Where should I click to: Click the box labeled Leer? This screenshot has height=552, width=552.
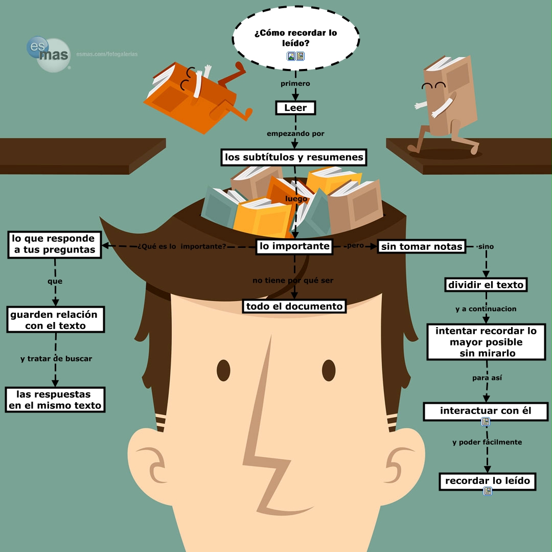click(295, 108)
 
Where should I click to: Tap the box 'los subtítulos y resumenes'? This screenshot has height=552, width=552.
click(294, 157)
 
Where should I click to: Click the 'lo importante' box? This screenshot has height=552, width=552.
click(294, 246)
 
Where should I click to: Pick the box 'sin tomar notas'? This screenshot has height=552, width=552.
click(422, 247)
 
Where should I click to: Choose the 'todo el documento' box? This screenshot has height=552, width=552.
click(294, 306)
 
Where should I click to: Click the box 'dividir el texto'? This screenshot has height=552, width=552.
click(486, 285)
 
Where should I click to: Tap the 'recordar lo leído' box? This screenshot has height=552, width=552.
click(488, 481)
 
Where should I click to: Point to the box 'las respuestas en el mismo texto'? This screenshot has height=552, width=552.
click(55, 400)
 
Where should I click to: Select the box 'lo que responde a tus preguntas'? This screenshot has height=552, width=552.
click(54, 244)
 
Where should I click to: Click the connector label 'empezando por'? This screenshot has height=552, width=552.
click(295, 134)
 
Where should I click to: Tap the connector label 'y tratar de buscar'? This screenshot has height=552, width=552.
click(56, 359)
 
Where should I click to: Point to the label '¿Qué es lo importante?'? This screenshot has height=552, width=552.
click(181, 247)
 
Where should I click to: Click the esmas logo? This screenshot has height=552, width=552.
click(48, 54)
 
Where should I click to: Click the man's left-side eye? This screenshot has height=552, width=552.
click(224, 369)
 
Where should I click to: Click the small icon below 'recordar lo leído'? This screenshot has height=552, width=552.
click(488, 492)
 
